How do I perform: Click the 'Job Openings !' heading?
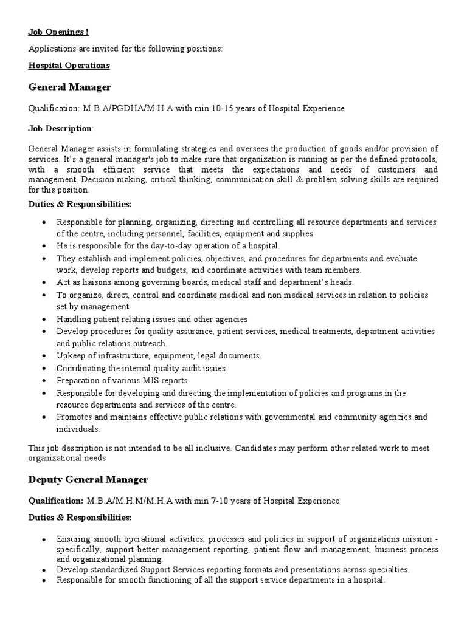(x=58, y=32)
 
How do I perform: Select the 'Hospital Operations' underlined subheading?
(x=69, y=65)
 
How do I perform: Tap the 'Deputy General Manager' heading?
(x=88, y=480)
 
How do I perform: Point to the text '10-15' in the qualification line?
(x=198, y=109)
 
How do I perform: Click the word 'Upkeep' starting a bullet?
(x=70, y=356)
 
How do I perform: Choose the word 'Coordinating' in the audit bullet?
(x=80, y=368)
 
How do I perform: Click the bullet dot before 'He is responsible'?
(x=44, y=246)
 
